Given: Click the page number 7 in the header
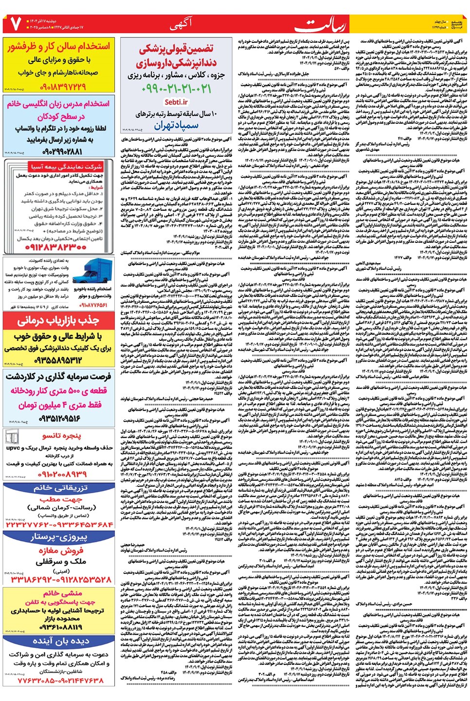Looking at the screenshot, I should pos(14,24).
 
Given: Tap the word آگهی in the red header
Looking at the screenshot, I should pos(181,24).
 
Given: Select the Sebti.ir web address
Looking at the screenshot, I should pos(176,102).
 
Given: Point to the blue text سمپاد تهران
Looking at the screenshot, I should pos(176,125).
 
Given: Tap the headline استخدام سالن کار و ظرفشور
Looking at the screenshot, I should pos(59,47).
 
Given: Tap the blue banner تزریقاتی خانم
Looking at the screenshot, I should pos(59,488).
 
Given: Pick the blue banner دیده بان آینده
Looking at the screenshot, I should pos(59,642).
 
